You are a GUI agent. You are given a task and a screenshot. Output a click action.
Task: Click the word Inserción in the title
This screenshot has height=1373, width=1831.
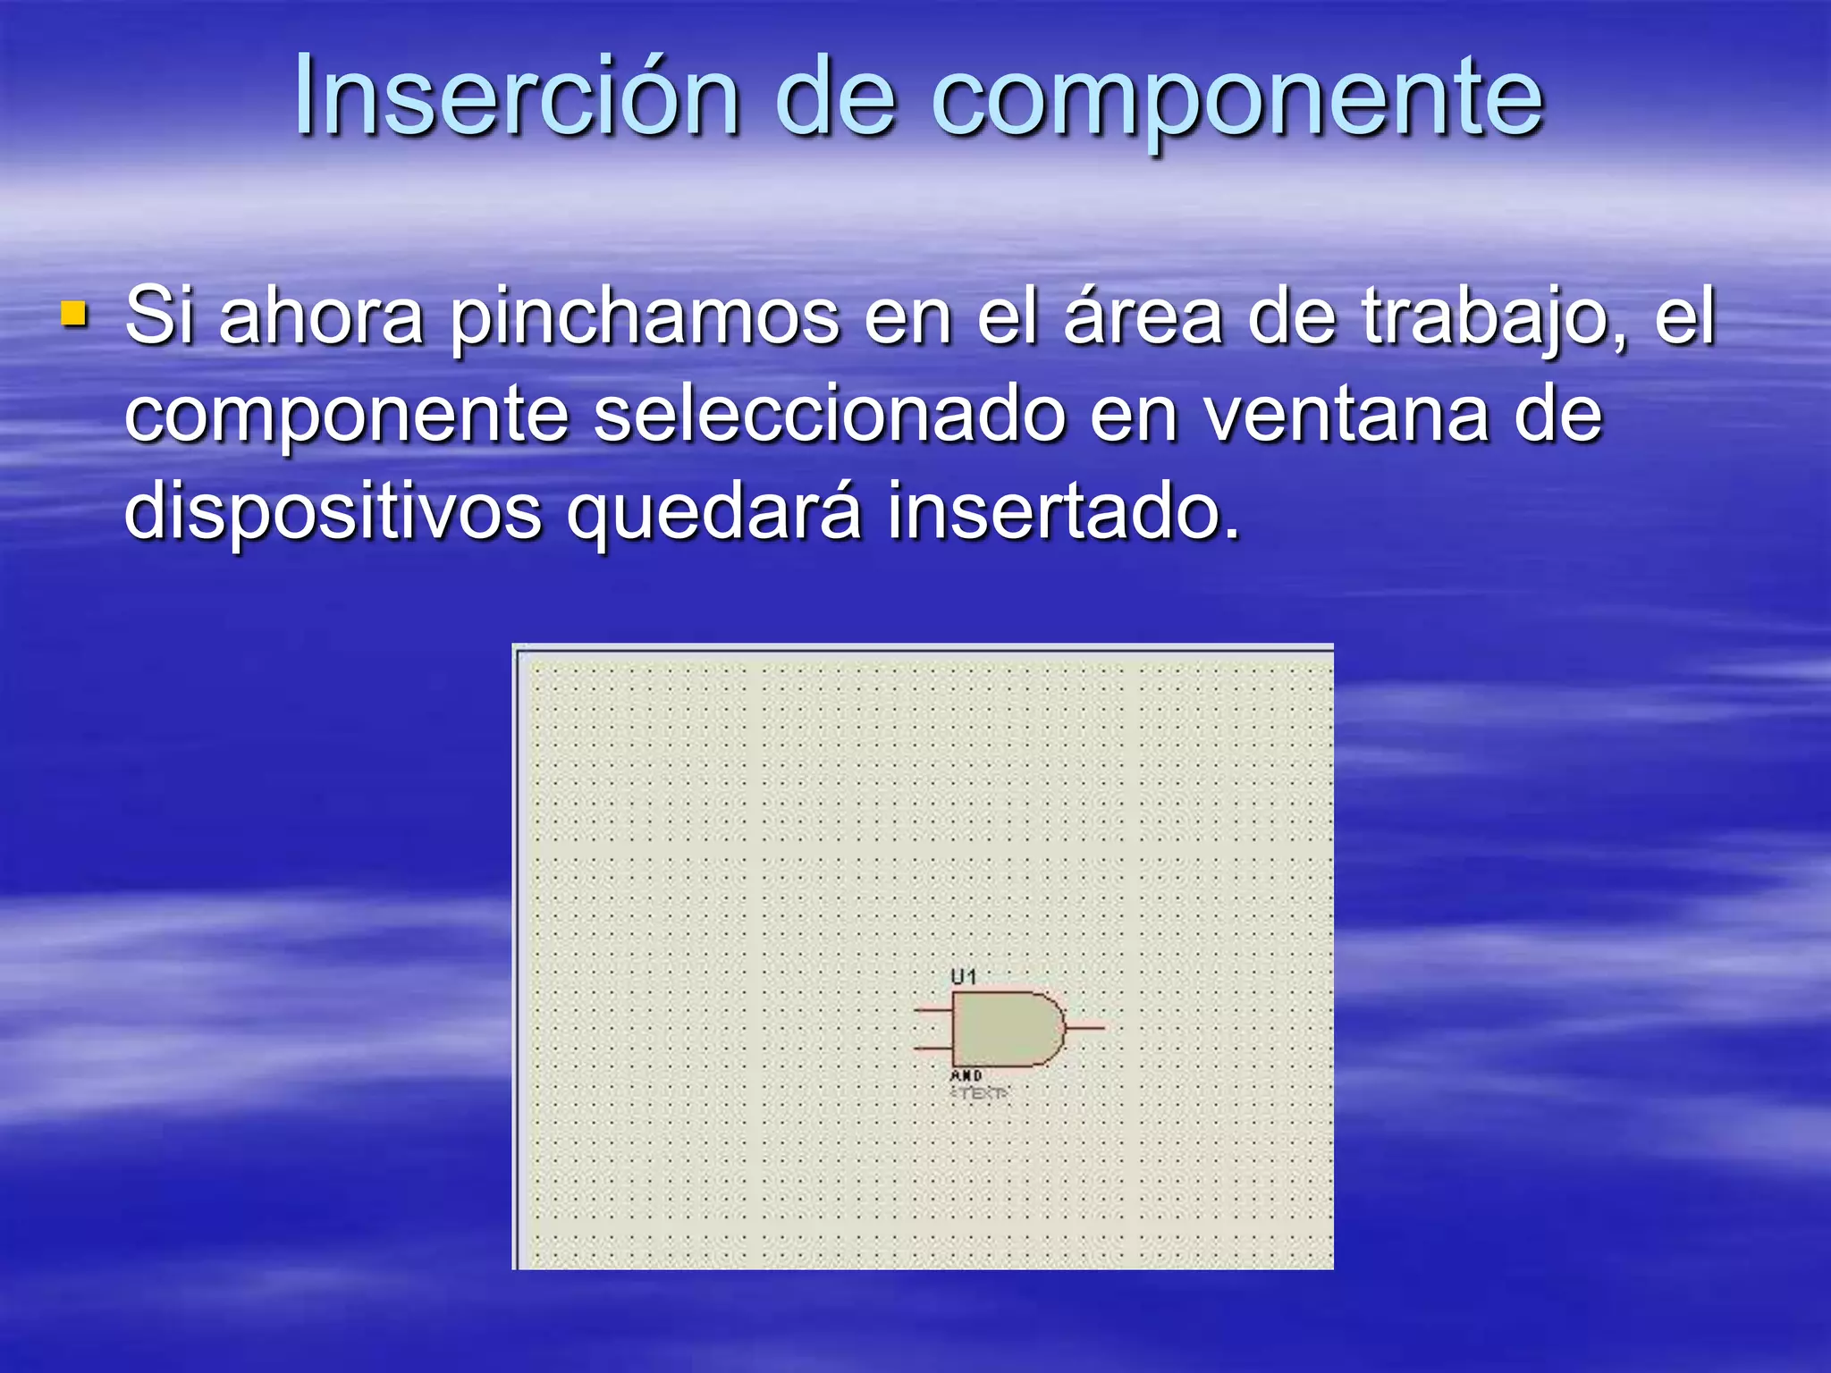point(516,97)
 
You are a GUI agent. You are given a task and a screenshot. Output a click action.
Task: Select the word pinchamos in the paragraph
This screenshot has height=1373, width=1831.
point(644,318)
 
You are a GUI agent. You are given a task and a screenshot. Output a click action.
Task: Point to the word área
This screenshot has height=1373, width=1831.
point(1143,316)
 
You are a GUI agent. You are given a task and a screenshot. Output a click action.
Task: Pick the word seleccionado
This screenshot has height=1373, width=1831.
point(830,415)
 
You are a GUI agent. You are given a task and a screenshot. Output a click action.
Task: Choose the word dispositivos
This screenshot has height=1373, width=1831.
point(333,513)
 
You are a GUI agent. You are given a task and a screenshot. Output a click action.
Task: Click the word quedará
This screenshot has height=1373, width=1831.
point(714,513)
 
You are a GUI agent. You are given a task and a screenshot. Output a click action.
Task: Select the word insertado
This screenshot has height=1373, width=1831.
point(1064,511)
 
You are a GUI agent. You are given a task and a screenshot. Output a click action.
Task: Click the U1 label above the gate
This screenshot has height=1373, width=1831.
point(964,977)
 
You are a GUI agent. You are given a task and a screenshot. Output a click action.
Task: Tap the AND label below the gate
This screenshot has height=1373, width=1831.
point(966,1075)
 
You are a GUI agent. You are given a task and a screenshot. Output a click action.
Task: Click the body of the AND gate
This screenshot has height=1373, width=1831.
point(1001,1029)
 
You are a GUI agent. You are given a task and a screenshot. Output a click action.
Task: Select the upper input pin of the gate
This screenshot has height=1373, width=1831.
point(932,1011)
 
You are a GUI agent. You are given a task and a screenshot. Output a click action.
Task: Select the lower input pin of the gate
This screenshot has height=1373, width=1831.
point(932,1047)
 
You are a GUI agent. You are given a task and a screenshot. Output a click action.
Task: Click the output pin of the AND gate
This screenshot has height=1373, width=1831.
point(1086,1028)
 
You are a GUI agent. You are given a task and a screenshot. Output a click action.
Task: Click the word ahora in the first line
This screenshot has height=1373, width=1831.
point(321,316)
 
